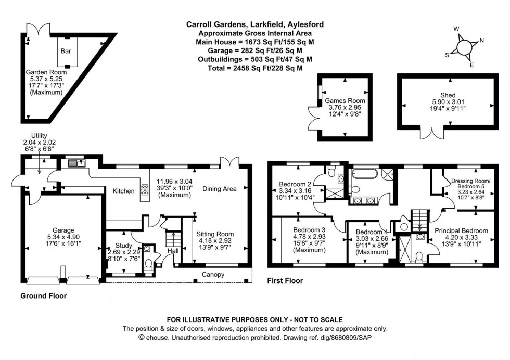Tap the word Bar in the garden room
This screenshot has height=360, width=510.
click(66, 51)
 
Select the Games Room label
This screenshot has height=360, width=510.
click(345, 101)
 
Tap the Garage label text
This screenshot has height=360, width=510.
click(62, 230)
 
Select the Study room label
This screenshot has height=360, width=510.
click(123, 246)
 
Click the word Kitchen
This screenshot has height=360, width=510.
click(124, 191)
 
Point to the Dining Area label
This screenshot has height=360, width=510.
click(220, 189)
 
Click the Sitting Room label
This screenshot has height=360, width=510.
click(215, 234)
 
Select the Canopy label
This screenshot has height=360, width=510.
click(214, 275)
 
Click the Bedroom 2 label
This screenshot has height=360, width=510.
click(295, 184)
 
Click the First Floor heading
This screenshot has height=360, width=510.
click(285, 281)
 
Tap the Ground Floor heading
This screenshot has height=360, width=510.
click(43, 295)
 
